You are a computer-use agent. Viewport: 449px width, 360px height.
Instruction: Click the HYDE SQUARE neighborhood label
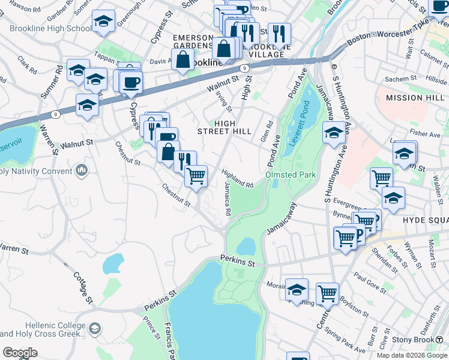(x=425, y=220)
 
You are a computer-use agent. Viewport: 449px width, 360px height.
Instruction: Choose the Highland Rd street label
(x=237, y=178)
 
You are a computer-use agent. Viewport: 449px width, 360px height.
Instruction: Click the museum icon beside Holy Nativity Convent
(x=82, y=172)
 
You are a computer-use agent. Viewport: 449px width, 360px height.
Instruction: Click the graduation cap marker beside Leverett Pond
(x=334, y=133)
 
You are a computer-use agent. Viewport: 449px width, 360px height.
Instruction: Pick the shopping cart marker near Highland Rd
(x=196, y=176)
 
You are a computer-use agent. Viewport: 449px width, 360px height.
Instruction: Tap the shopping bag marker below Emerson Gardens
(x=183, y=59)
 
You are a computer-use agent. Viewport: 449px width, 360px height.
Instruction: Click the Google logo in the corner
(x=19, y=353)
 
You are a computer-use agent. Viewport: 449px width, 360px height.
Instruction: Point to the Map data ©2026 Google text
(x=411, y=355)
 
